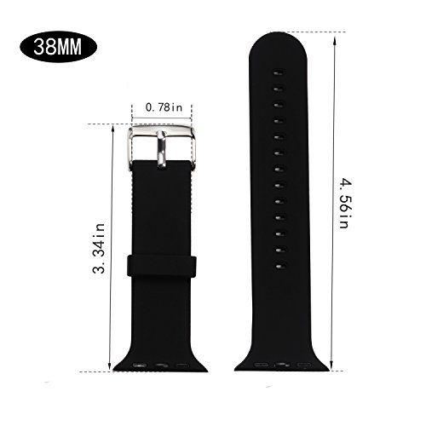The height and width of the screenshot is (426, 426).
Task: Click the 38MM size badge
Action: click(58, 47)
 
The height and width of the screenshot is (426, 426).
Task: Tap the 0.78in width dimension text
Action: click(164, 107)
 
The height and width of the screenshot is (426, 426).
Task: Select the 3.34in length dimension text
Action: click(99, 248)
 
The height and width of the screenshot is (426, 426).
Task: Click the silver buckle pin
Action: click(161, 150)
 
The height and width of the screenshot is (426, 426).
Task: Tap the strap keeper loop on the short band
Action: click(162, 266)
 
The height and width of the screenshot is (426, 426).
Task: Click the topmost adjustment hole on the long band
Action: click(279, 73)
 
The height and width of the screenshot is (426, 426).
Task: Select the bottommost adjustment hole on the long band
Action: click(279, 267)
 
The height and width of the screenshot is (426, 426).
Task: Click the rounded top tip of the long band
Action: click(278, 33)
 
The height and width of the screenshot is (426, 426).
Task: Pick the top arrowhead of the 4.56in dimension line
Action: click(335, 40)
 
